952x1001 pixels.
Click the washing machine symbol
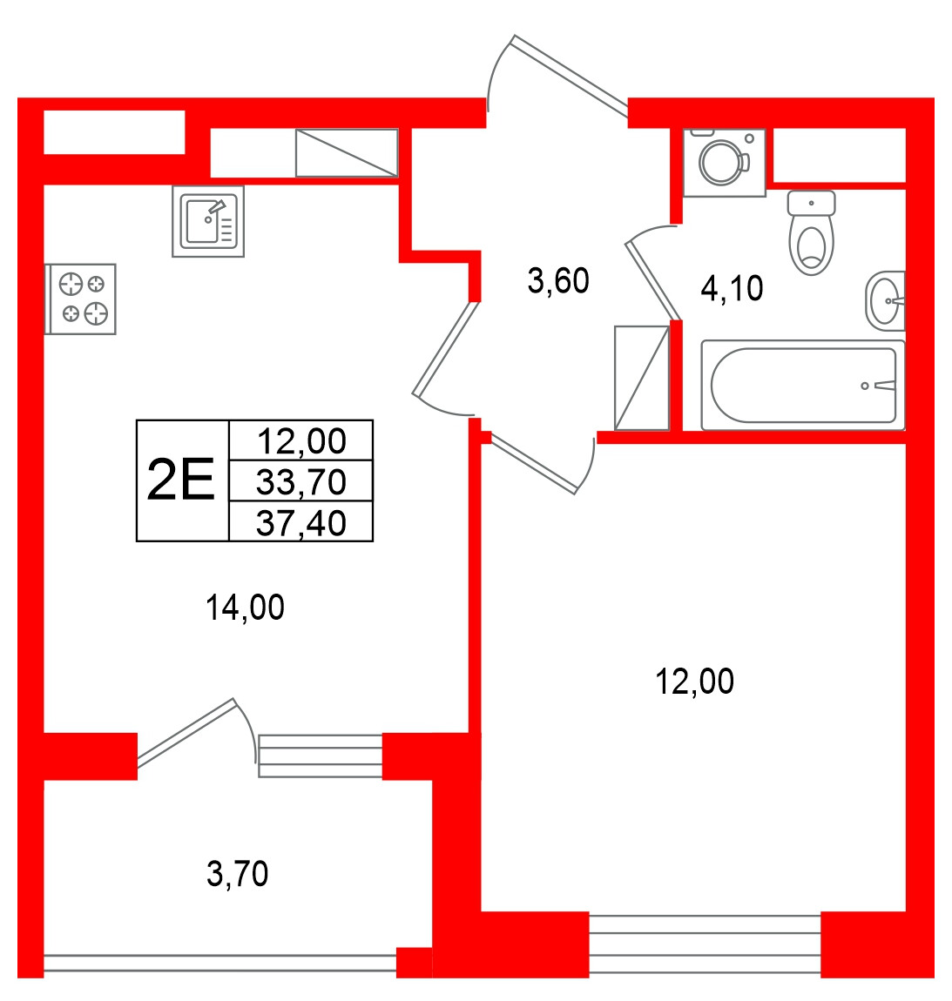pos(725,163)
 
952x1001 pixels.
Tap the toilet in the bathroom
pos(812,232)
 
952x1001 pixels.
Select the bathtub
pos(803,385)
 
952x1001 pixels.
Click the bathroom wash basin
pos(886,300)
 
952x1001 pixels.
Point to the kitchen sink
pos(208,221)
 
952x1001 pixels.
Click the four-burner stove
pos(80,299)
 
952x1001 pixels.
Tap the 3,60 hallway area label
pos(558,281)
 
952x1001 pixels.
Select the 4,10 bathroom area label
pos(732,288)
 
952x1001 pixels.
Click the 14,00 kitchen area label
pos(245,607)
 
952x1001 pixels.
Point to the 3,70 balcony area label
pos(237,873)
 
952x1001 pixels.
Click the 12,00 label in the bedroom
pos(694,682)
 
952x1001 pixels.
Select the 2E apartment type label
pos(181,480)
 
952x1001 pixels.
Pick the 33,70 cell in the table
pos(301,481)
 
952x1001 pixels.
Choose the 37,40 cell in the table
pos(301,522)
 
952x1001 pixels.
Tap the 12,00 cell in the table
pos(301,440)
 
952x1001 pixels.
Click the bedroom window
pos(705,944)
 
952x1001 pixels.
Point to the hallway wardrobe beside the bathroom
pos(641,378)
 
